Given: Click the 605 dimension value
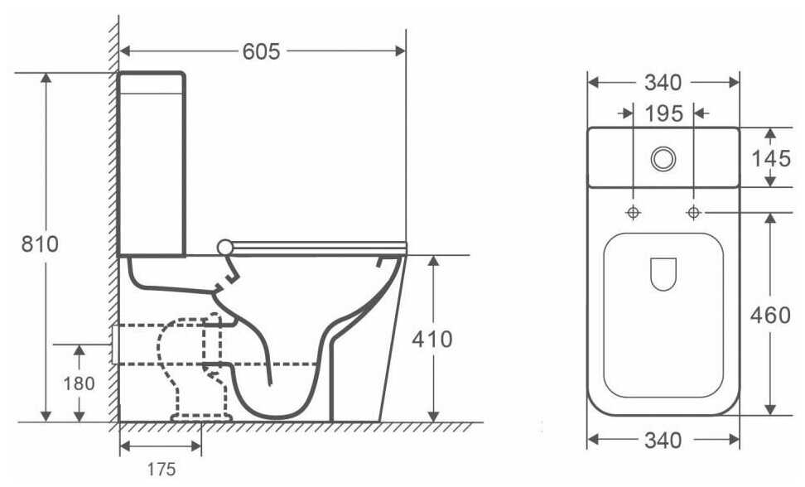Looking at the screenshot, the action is [x=262, y=51].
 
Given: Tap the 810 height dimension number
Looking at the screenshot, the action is [x=40, y=243].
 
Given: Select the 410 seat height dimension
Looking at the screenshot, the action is [x=432, y=340].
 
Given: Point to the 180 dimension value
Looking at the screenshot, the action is [x=79, y=383].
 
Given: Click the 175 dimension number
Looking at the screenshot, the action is [x=161, y=469].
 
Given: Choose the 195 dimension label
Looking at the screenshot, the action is [x=664, y=113].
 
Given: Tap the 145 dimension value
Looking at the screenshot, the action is [x=771, y=158].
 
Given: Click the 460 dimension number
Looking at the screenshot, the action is [x=770, y=315].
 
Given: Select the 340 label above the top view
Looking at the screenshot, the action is [x=663, y=83].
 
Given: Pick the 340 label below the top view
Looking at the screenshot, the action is [x=663, y=441].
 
